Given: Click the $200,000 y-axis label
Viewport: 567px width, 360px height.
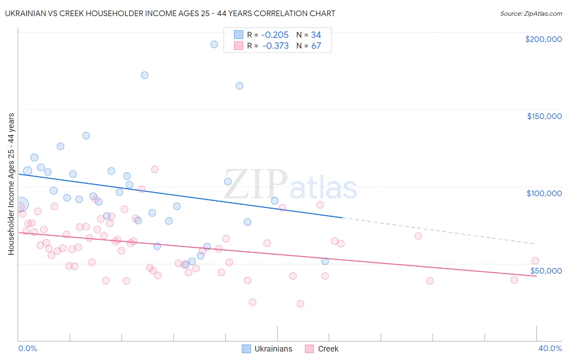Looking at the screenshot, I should pos(543,39).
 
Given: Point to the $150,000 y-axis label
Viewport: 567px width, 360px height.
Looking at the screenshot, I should pos(544,116).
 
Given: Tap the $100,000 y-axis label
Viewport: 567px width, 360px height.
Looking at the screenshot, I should pos(544,193).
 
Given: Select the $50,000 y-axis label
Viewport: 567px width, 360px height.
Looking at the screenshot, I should pos(546,270).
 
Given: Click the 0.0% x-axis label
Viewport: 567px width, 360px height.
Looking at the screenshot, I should pos(27,348).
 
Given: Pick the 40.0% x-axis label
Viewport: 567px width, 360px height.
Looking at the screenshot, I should pos(550,348).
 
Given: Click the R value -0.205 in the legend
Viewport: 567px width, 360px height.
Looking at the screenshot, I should pos(275,35).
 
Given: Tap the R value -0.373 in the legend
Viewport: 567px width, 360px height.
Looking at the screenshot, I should pos(275,46).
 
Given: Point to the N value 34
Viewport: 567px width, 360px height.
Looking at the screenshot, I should pos(316,35).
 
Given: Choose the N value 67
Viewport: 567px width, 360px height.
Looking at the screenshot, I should pos(316,46).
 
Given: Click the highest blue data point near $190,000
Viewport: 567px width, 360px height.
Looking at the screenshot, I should pos(214,44).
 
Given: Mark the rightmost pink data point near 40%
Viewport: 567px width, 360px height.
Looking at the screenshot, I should pos(535,261).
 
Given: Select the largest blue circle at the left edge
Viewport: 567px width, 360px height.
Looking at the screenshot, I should pos(21,205).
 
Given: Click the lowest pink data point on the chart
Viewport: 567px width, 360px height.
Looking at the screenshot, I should pos(300,303).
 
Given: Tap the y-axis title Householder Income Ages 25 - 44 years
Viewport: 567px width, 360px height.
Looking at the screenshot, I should pos(11,184).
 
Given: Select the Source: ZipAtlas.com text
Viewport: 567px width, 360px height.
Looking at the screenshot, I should pos(531,14).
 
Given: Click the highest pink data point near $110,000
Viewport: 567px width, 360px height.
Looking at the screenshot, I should pos(154,170).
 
